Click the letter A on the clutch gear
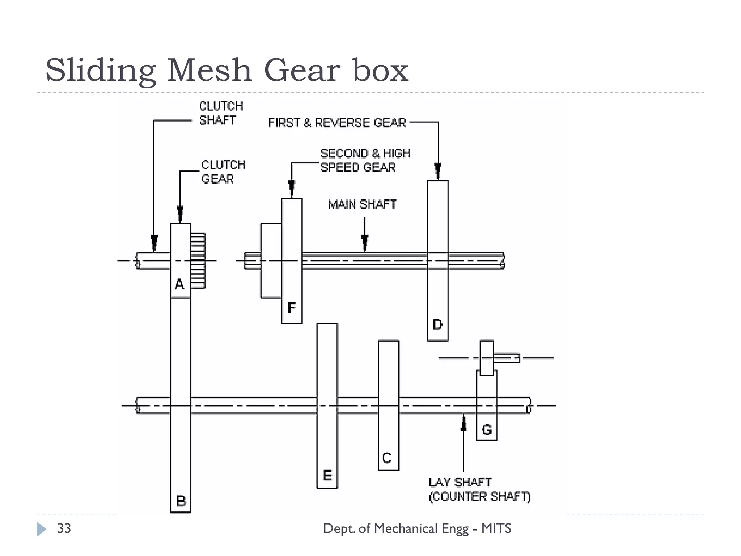[179, 284]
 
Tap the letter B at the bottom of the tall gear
[181, 501]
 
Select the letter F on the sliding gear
[292, 308]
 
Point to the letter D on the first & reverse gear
[437, 324]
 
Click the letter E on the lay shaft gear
[327, 475]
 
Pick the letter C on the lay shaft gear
[387, 458]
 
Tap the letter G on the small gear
[487, 430]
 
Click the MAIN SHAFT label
[362, 205]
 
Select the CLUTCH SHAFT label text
[221, 113]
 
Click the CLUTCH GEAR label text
[223, 172]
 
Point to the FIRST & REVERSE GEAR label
[337, 123]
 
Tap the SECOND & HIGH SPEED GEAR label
[365, 160]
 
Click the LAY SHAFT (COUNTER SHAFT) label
[479, 489]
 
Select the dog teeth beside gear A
[198, 261]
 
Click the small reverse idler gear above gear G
[487, 358]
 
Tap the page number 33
[64, 528]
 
